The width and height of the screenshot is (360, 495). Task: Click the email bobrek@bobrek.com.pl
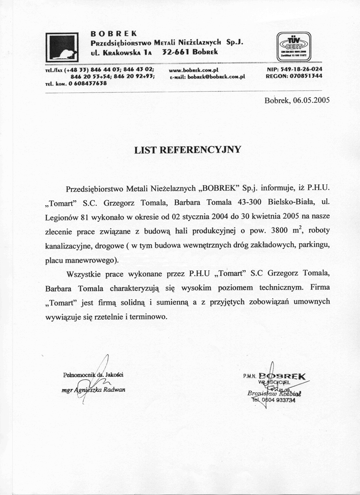point(207,77)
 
